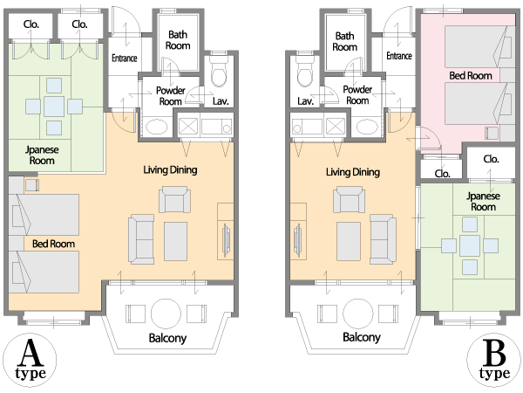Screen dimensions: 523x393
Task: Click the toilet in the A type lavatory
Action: tap(219, 74)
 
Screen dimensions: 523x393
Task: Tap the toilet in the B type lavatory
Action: tap(304, 74)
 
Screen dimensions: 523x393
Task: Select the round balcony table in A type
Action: tap(166, 314)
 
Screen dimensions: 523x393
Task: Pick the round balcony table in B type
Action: tap(358, 314)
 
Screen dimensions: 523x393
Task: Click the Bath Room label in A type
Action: tap(178, 40)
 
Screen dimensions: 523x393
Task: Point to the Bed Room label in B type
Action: tap(471, 76)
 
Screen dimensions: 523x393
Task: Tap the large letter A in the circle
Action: tap(31, 353)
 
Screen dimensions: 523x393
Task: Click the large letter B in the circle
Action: tap(494, 353)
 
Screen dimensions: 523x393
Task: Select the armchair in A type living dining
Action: tap(175, 199)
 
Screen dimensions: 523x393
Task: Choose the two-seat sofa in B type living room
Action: tap(383, 239)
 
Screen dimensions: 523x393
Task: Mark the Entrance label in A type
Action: tap(125, 59)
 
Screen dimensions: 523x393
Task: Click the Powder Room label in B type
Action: tap(357, 95)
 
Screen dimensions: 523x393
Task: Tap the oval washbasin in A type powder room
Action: tap(157, 128)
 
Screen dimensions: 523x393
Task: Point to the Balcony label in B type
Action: tap(362, 337)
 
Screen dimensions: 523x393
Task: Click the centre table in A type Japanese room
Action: tap(54, 107)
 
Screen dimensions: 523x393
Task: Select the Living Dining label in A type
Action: tap(170, 170)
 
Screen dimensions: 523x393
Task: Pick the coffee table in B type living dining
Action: tap(349, 241)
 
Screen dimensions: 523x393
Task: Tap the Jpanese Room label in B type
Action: tap(483, 202)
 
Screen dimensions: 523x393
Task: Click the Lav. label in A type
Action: tap(221, 101)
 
